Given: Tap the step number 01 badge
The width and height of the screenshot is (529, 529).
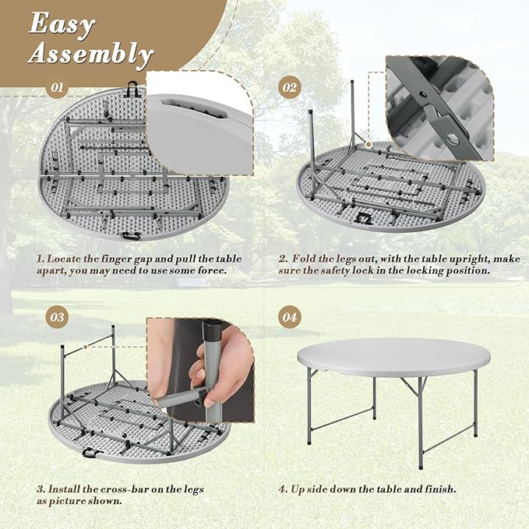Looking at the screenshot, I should pyautogui.click(x=56, y=87).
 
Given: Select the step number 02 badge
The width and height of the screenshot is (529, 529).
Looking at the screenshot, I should pyautogui.click(x=289, y=87).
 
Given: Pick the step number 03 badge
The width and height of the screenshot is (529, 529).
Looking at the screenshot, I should pyautogui.click(x=56, y=317).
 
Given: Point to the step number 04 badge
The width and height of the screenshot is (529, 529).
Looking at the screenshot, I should pyautogui.click(x=289, y=317).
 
